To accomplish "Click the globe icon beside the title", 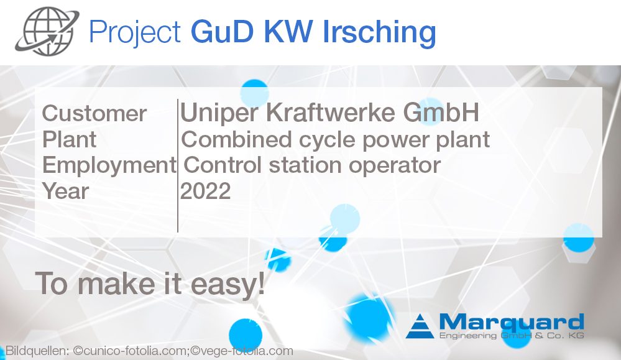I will click(x=48, y=31).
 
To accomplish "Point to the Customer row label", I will click(x=94, y=114).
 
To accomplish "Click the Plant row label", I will click(x=69, y=139).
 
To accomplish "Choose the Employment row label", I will click(x=109, y=165).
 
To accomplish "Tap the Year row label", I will click(x=65, y=191).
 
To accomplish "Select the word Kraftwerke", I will click(x=329, y=113).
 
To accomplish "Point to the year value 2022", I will click(x=205, y=191).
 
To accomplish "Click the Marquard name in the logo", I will click(x=511, y=322).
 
